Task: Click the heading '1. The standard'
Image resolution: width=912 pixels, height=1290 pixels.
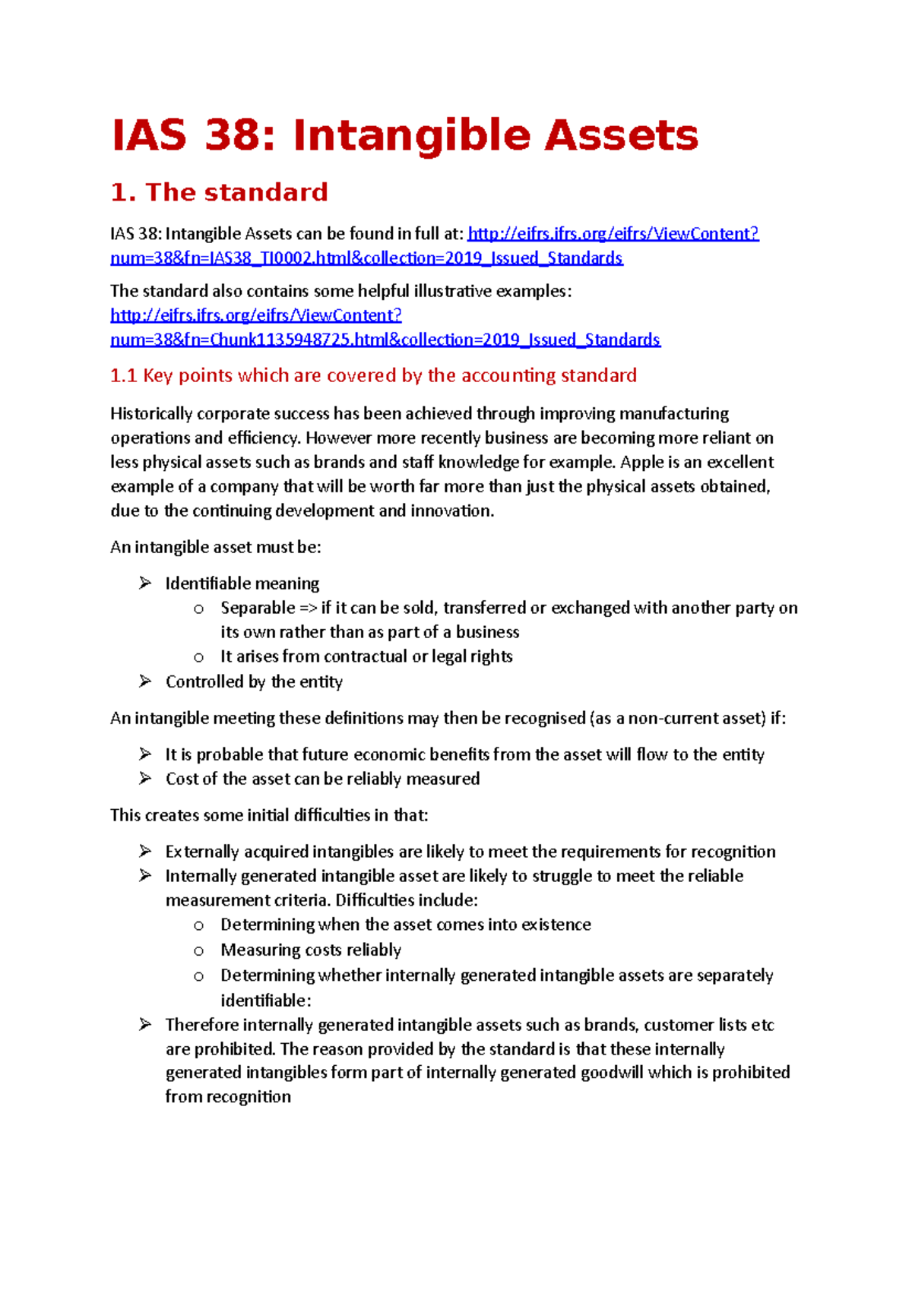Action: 219,192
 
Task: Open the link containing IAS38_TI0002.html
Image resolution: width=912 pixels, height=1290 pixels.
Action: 366,258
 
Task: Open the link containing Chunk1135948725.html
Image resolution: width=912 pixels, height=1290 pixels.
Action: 385,340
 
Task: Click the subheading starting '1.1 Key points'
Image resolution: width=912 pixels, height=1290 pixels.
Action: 373,375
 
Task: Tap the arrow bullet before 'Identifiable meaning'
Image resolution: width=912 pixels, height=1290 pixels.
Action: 145,583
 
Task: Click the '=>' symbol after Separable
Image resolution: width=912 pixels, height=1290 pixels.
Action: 308,608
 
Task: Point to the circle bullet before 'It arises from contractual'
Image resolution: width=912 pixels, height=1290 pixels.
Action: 199,657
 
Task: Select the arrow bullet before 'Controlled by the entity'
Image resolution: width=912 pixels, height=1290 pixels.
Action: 145,681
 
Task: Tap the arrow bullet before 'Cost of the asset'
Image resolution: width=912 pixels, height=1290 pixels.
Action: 145,779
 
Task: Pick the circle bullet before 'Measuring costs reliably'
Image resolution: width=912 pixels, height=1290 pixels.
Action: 199,951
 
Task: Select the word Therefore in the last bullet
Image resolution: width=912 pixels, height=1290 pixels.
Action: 201,1025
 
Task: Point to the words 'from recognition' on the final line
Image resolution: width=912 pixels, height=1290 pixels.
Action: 228,1097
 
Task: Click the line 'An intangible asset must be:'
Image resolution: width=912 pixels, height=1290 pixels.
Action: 216,547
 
